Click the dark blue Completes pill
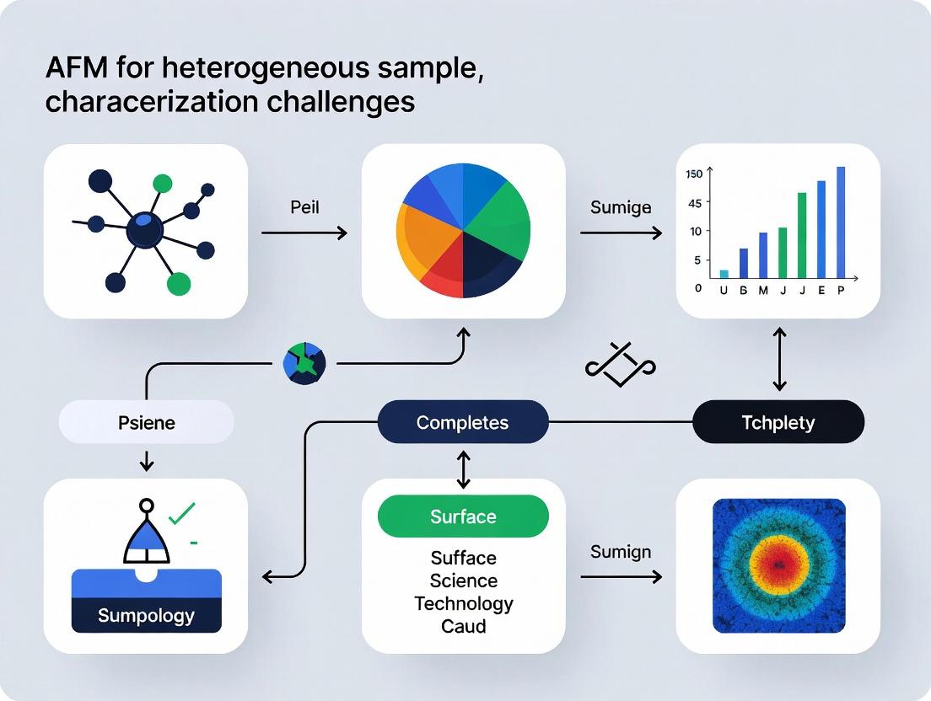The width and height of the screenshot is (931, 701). coord(463,422)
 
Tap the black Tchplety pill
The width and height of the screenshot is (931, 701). coord(778,422)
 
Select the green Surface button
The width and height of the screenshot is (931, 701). coord(463,516)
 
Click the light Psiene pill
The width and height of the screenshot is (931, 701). coord(146,422)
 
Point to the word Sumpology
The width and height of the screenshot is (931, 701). coord(146,615)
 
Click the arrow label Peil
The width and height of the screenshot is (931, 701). coord(304,206)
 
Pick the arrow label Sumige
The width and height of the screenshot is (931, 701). coord(621,207)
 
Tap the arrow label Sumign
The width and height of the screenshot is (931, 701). coord(621,552)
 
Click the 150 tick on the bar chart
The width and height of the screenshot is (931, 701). coord(694,174)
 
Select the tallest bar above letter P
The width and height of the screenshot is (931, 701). coord(841,222)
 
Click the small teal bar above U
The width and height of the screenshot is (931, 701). coord(724,274)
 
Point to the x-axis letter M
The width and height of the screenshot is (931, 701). coord(763,291)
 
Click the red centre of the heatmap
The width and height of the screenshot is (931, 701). coord(778,564)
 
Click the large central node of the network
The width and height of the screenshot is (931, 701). coord(145,229)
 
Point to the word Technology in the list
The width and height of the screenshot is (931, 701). coord(463,603)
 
